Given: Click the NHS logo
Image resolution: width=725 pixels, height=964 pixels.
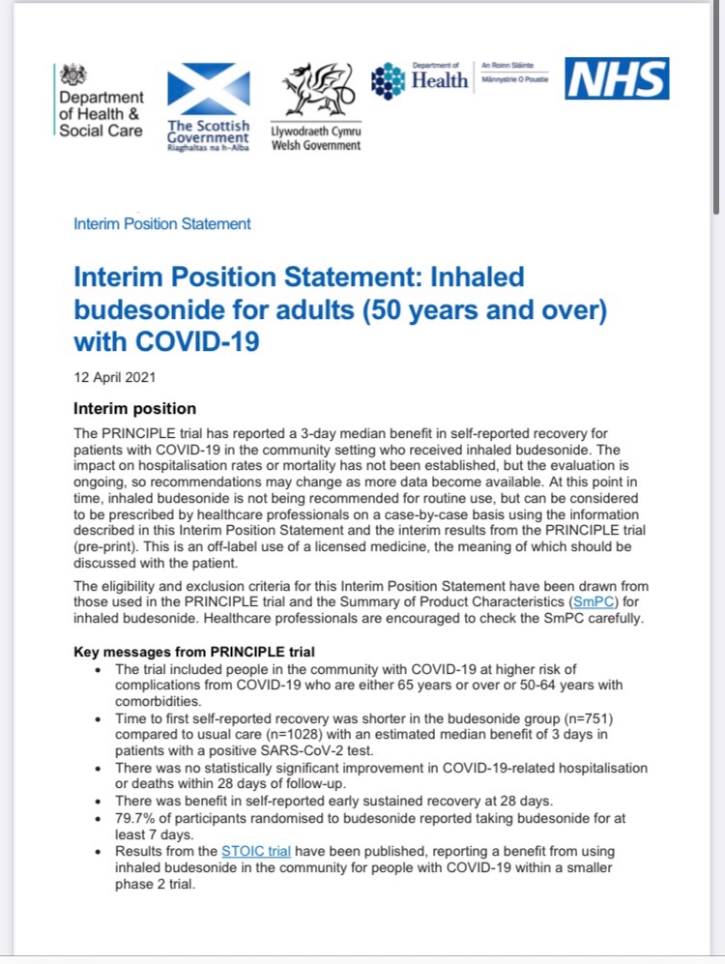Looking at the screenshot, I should [617, 78].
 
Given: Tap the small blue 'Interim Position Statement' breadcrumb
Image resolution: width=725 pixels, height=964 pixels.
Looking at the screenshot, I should [162, 223].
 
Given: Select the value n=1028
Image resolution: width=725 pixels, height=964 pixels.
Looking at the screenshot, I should [294, 736].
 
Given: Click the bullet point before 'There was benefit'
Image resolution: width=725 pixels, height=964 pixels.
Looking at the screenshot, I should [103, 802].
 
